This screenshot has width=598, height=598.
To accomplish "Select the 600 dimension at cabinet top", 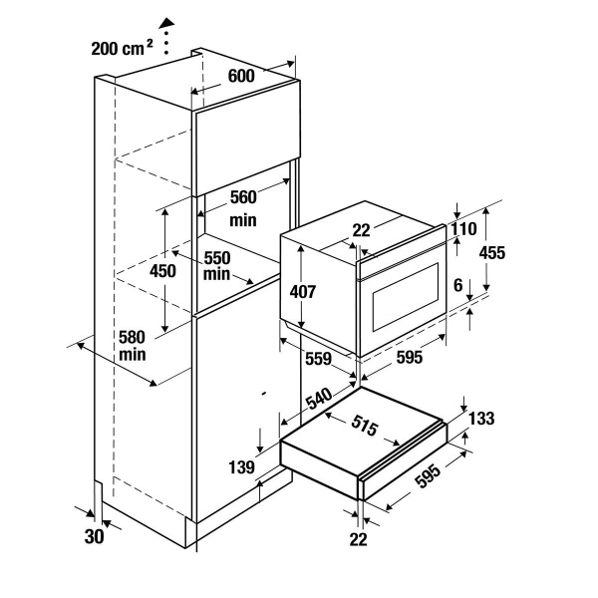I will point(241,76).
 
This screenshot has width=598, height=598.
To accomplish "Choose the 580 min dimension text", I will point(133,345).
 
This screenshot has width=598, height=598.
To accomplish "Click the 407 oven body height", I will point(304,292).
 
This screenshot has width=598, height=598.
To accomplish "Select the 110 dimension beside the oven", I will point(463,228).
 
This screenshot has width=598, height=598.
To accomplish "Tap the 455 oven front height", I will point(491,253).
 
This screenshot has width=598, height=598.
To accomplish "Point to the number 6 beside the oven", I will point(458,285).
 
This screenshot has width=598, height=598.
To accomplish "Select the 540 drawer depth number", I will point(318,400).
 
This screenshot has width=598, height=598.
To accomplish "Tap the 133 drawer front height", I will point(480,420).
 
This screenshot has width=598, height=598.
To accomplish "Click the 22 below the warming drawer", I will point(359,538).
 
